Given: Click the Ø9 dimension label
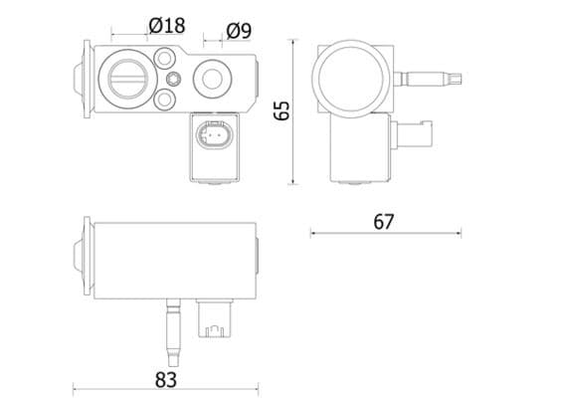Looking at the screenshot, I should pyautogui.click(x=238, y=31).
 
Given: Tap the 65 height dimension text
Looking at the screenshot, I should pyautogui.click(x=282, y=109).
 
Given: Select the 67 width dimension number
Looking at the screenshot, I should pyautogui.click(x=384, y=221).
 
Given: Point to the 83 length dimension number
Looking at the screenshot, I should pyautogui.click(x=165, y=378).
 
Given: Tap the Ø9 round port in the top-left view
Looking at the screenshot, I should pyautogui.click(x=212, y=77).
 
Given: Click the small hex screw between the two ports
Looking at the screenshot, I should pyautogui.click(x=175, y=79).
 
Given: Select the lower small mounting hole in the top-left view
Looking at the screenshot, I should pyautogui.click(x=164, y=99).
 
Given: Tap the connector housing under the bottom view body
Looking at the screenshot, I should pyautogui.click(x=214, y=318).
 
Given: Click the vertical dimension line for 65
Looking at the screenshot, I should pyautogui.click(x=293, y=111).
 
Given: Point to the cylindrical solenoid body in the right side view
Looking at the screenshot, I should pyautogui.click(x=358, y=144).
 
